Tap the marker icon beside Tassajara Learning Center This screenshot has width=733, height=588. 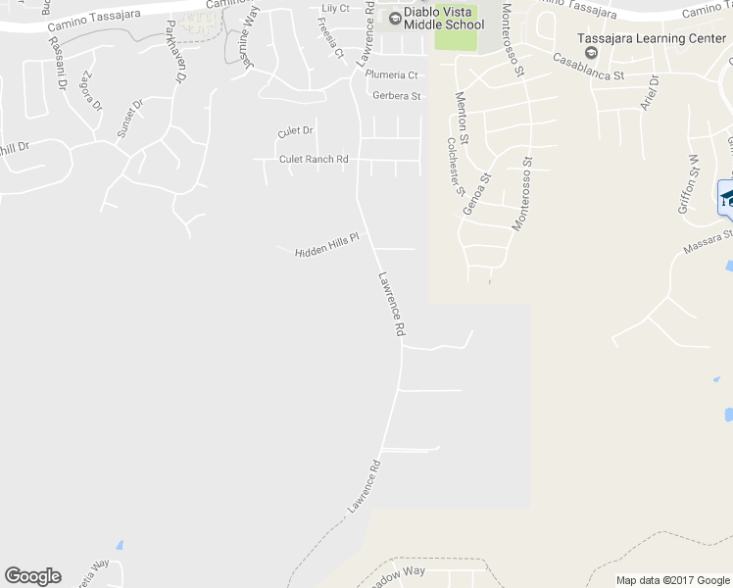[x=591, y=52]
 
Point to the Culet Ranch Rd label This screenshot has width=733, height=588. [x=314, y=159]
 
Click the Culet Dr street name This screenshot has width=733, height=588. [x=295, y=130]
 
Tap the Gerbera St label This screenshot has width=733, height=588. [x=396, y=96]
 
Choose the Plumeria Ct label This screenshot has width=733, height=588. [x=391, y=74]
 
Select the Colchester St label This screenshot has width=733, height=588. [x=454, y=167]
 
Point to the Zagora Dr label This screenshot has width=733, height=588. [x=91, y=89]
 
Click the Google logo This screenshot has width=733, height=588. [x=32, y=576]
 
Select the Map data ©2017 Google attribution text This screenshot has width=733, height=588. [x=672, y=580]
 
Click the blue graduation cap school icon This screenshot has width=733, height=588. [x=727, y=198]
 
